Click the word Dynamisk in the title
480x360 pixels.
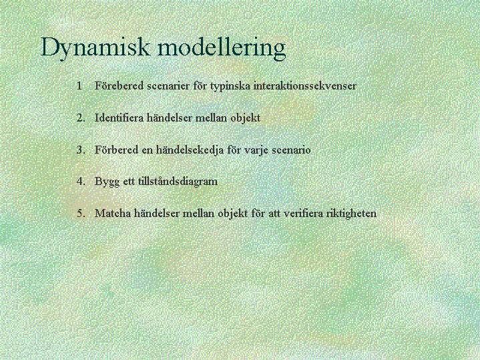[x=95, y=47]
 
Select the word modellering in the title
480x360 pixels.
[x=222, y=47]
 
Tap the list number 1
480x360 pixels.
[x=79, y=85]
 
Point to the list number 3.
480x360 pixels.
[x=81, y=150]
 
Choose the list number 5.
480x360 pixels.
[x=81, y=213]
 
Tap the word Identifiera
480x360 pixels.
[x=119, y=118]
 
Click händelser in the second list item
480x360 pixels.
[x=170, y=118]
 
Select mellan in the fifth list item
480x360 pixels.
[x=198, y=213]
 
